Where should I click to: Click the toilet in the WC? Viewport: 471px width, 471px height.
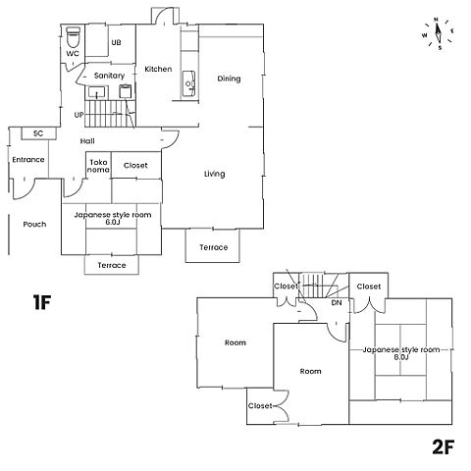(x=73, y=37)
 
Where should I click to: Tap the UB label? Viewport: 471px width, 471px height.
(x=116, y=42)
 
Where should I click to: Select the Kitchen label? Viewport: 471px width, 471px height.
(x=158, y=69)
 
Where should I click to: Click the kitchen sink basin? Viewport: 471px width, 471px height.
(x=188, y=83)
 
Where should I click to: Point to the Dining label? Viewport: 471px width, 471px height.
(x=229, y=78)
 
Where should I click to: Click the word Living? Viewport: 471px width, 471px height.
(x=215, y=174)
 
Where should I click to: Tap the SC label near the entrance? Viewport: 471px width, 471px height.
(x=38, y=133)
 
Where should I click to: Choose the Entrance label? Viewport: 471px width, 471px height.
(x=28, y=160)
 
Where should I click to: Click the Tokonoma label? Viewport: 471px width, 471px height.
(x=98, y=166)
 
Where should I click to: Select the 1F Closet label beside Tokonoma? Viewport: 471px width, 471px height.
(x=135, y=165)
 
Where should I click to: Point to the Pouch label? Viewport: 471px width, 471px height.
(x=34, y=225)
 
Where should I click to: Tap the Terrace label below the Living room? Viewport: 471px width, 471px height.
(x=214, y=247)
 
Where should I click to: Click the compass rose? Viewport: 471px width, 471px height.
(x=438, y=33)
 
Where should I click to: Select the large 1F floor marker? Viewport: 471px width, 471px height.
(x=42, y=302)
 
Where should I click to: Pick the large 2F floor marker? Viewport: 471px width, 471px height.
(x=444, y=446)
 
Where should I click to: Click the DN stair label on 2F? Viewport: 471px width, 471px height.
(x=337, y=303)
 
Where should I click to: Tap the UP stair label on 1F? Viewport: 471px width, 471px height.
(x=78, y=115)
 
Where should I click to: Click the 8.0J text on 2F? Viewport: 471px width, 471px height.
(x=401, y=357)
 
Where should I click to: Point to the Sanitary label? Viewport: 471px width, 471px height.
(x=109, y=76)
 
